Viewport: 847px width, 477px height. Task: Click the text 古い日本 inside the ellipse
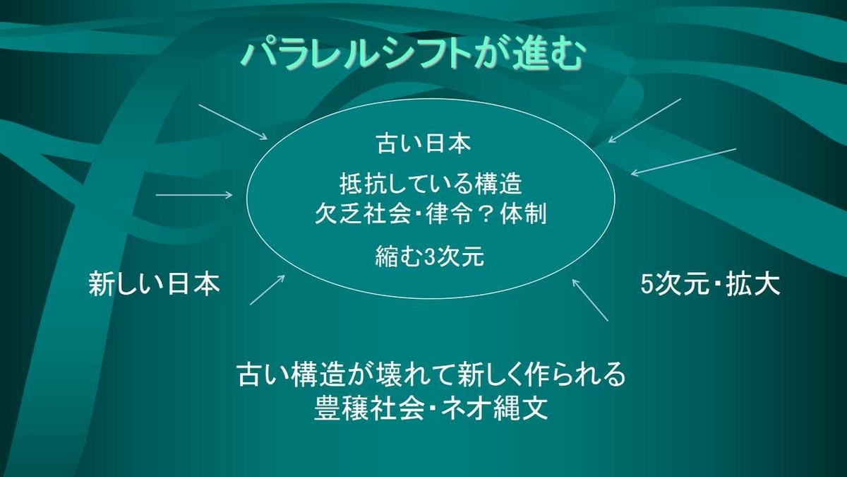click(x=424, y=144)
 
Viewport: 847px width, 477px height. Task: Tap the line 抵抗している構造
click(x=431, y=184)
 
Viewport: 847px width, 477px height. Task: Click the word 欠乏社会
click(x=363, y=214)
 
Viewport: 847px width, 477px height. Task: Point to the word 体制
click(x=523, y=214)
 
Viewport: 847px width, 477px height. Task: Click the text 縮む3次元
click(x=430, y=257)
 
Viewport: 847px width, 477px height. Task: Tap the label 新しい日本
click(x=155, y=283)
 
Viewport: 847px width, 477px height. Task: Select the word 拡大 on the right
click(x=753, y=284)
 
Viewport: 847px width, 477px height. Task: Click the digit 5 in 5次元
click(x=648, y=284)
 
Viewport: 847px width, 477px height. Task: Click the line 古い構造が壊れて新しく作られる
click(x=431, y=375)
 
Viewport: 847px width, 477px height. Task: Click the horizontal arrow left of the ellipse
click(x=194, y=195)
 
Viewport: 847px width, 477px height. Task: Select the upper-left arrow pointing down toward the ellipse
click(x=233, y=122)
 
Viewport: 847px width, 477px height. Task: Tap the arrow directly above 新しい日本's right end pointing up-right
click(x=268, y=290)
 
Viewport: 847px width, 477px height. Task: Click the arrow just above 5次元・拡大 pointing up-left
click(x=590, y=300)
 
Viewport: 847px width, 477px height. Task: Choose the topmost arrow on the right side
click(x=644, y=121)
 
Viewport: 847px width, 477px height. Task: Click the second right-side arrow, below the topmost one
click(x=684, y=162)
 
